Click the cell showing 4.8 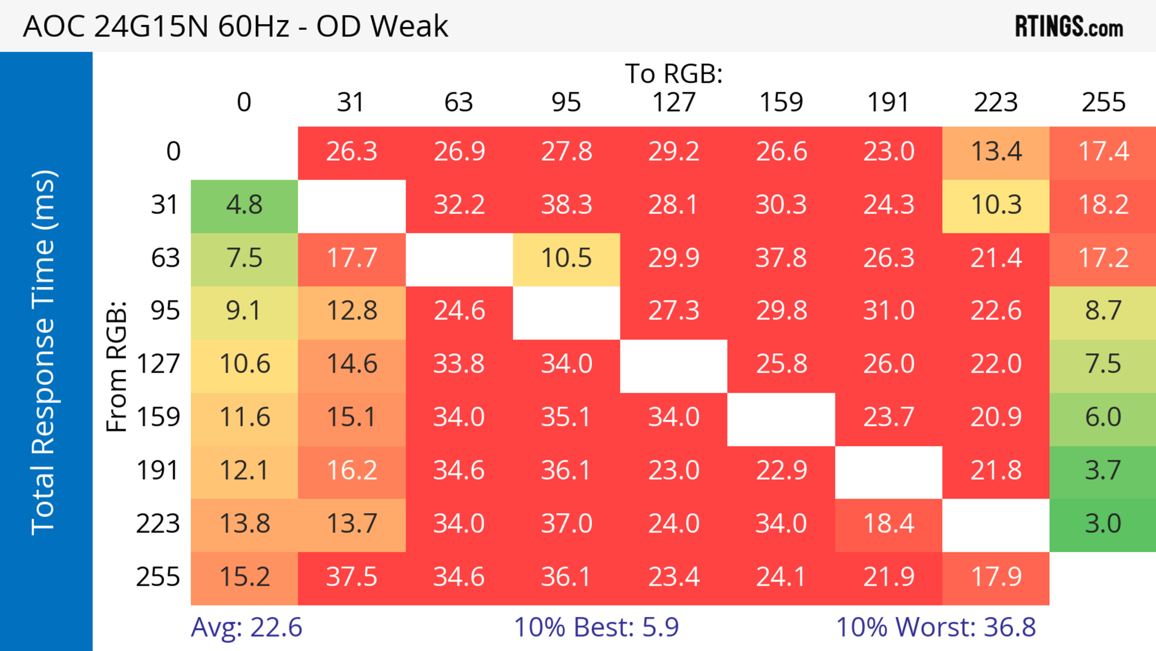tap(244, 205)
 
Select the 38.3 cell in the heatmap tap(566, 205)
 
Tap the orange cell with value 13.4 tap(996, 152)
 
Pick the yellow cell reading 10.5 tap(566, 258)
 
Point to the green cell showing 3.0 tap(1103, 524)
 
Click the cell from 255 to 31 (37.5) tap(351, 577)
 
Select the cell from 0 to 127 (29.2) tap(674, 152)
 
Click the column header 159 tap(781, 102)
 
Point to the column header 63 tap(458, 102)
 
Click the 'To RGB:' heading tap(674, 74)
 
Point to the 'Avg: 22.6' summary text tap(246, 627)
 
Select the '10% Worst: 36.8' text tap(936, 627)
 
